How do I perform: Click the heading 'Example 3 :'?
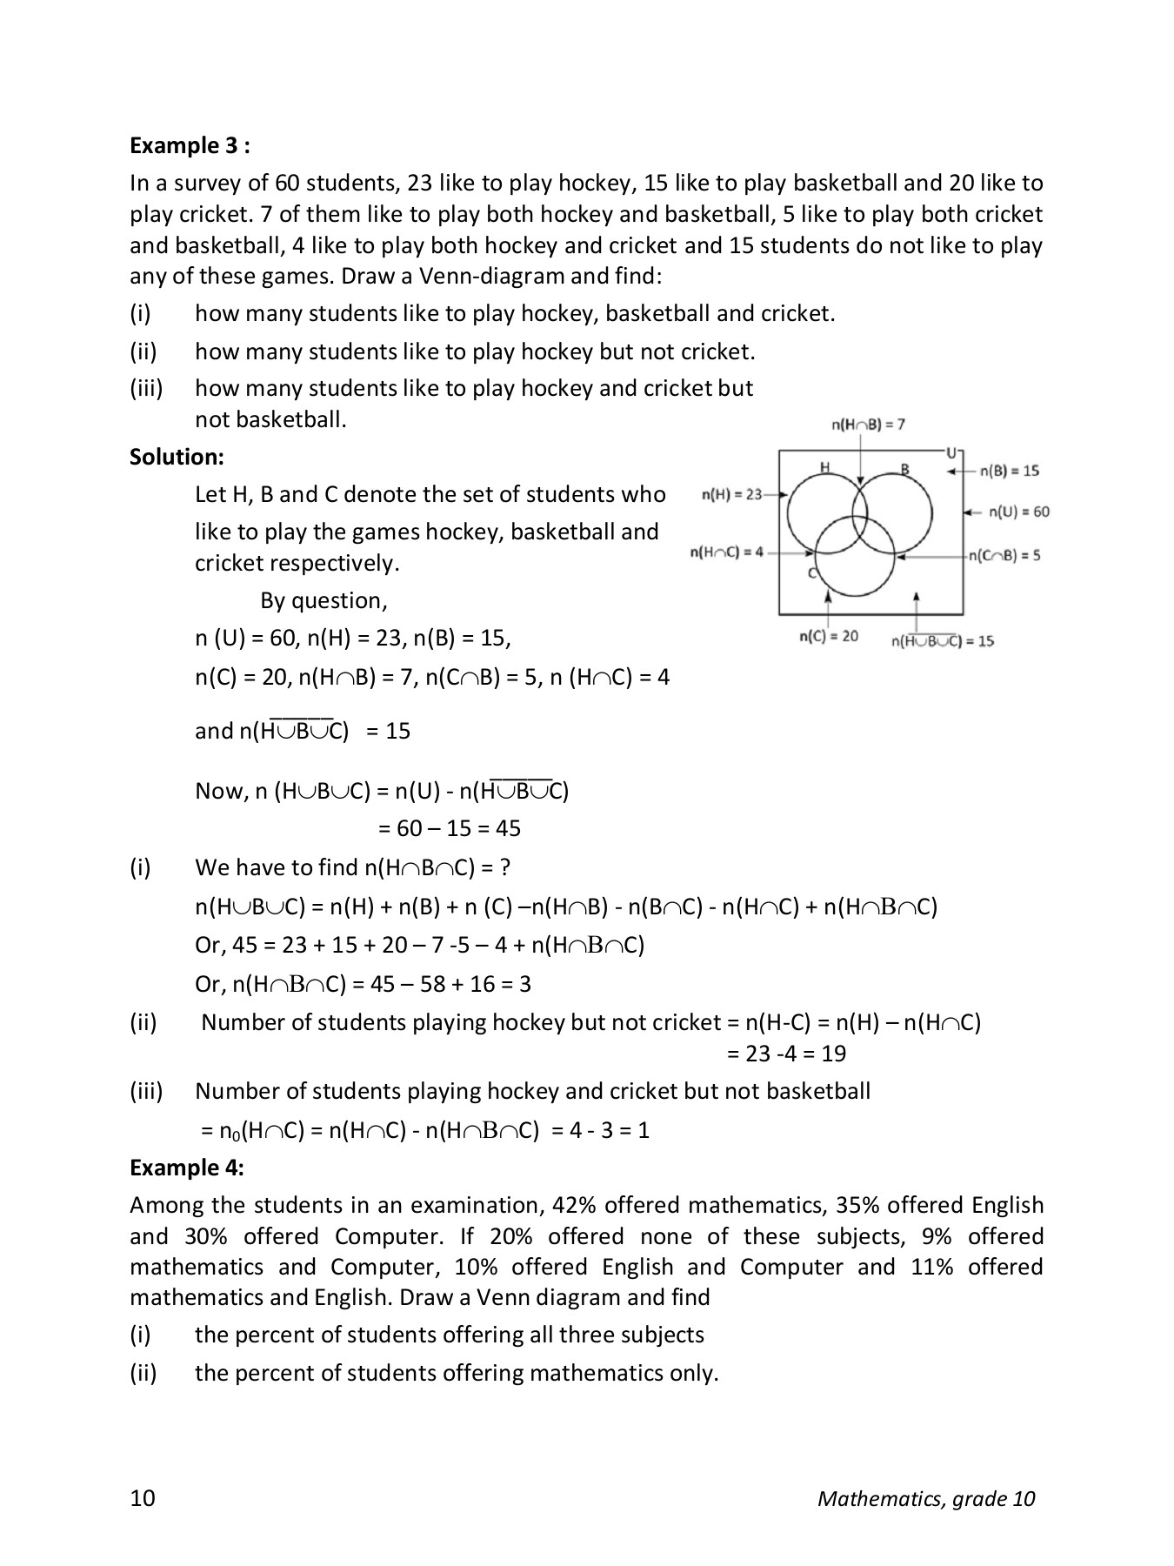tap(190, 145)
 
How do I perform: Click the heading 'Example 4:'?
tap(186, 1168)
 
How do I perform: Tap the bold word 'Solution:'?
tap(177, 457)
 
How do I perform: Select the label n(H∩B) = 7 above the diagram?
tap(868, 425)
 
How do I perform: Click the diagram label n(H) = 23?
tap(731, 494)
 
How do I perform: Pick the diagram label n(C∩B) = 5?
tap(1005, 555)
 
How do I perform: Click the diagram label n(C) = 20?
tap(828, 636)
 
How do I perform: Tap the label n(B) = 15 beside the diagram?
tap(1009, 471)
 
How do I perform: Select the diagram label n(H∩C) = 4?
tap(726, 552)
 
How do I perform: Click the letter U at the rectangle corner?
tap(951, 452)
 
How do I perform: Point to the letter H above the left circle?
tap(824, 468)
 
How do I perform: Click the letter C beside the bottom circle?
tap(811, 573)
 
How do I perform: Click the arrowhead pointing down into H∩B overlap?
tap(860, 481)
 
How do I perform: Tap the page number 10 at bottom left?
tap(143, 1498)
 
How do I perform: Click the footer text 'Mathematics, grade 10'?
tap(926, 1498)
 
